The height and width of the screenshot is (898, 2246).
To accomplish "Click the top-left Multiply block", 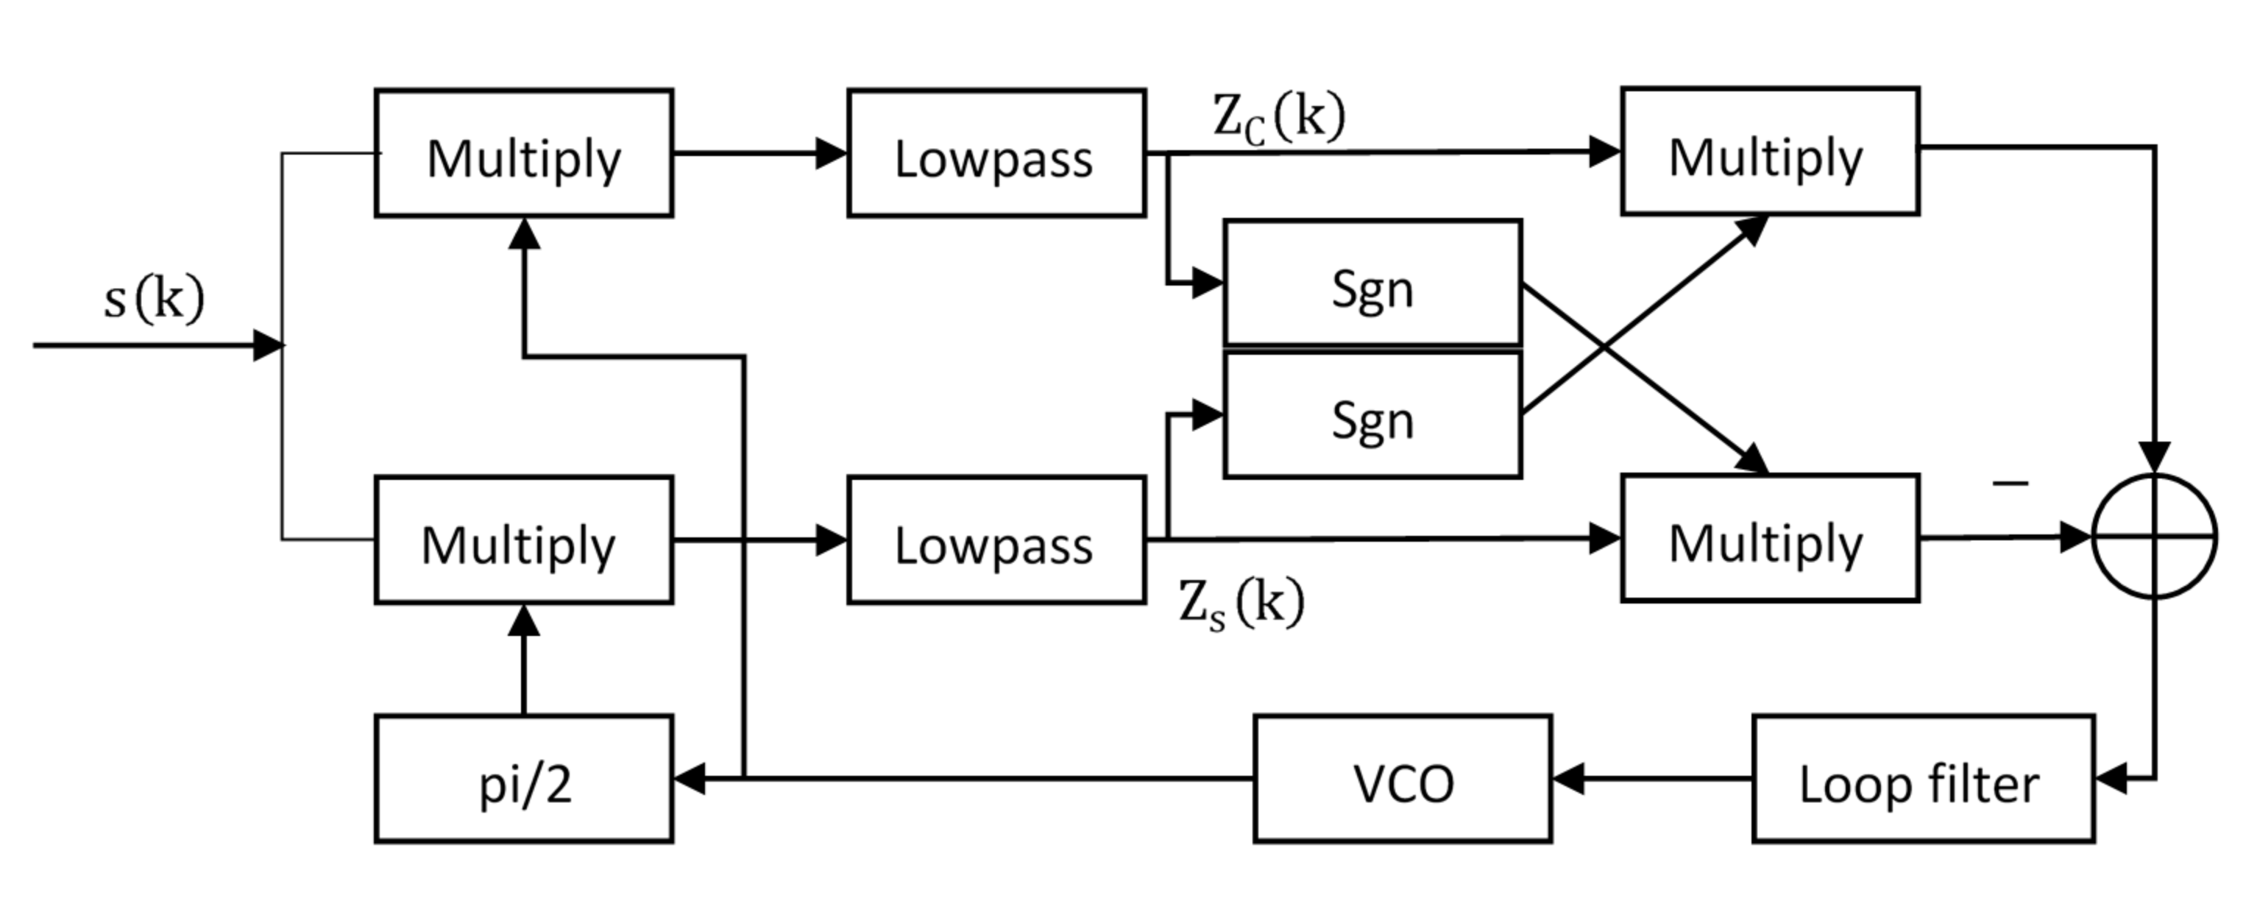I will pos(523,153).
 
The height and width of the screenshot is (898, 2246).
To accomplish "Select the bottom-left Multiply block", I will pos(523,540).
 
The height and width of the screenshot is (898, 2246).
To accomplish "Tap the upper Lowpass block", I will pos(996,153).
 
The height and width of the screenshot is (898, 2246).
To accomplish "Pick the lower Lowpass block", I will pos(996,540).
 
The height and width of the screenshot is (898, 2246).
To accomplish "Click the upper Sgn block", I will pos(1372,283).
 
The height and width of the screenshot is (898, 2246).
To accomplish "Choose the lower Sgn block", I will pos(1372,416).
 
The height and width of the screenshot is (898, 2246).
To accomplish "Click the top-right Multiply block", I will pos(1769,151).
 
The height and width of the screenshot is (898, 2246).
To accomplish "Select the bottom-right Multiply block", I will pos(1769,539).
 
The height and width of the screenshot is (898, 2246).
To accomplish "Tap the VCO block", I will pos(1402,779).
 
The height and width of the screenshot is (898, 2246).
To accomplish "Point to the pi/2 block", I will pos(523,779).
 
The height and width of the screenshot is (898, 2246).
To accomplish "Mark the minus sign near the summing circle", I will pos(2010,482).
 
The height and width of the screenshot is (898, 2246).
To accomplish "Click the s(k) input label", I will pos(154,299).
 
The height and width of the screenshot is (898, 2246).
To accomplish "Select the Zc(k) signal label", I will pos(1278,118).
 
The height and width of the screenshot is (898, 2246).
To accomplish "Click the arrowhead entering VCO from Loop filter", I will pos(1567,779).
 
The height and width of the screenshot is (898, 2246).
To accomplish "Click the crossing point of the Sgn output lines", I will pos(1604,348).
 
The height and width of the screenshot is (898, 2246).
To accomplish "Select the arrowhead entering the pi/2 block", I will pos(689,779).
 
